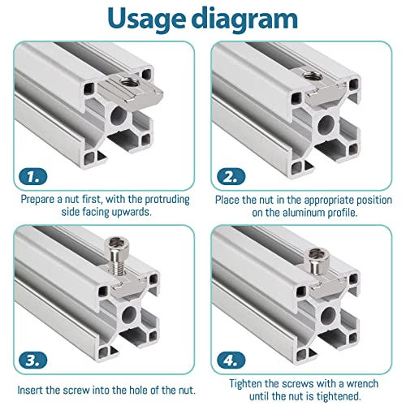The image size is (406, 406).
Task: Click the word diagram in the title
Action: (x=244, y=19)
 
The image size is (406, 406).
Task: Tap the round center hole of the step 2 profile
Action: (x=329, y=123)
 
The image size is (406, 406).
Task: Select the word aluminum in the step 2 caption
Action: (x=315, y=214)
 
